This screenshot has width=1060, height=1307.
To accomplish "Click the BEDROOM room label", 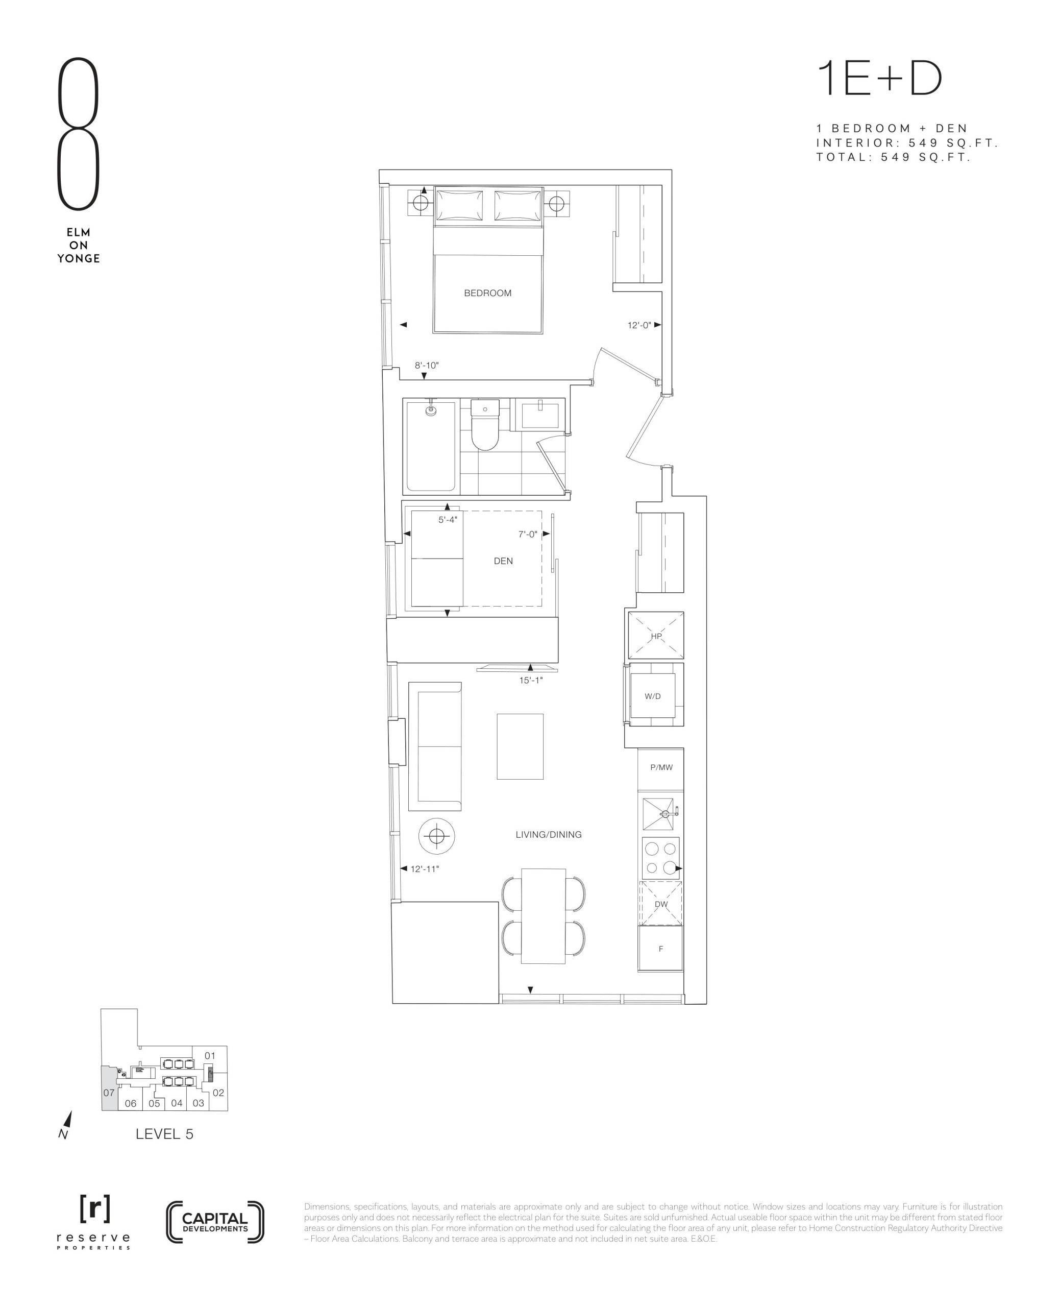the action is [x=487, y=293].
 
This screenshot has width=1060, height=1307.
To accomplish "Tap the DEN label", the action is [x=503, y=561].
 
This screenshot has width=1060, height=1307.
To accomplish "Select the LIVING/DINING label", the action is [x=548, y=835].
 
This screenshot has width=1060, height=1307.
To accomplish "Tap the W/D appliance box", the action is [x=653, y=696].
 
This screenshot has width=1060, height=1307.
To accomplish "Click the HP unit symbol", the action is [x=656, y=636].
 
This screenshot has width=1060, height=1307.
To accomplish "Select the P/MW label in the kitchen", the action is [x=661, y=768].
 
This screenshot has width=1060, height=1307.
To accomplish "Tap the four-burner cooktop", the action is [x=661, y=858].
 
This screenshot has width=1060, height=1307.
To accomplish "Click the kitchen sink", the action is [x=659, y=814].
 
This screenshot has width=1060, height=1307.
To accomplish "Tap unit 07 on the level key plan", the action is [x=109, y=1093].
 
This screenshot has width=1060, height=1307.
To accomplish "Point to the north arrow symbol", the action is [x=66, y=1124].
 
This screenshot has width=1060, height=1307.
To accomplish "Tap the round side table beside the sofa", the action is [x=436, y=836].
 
